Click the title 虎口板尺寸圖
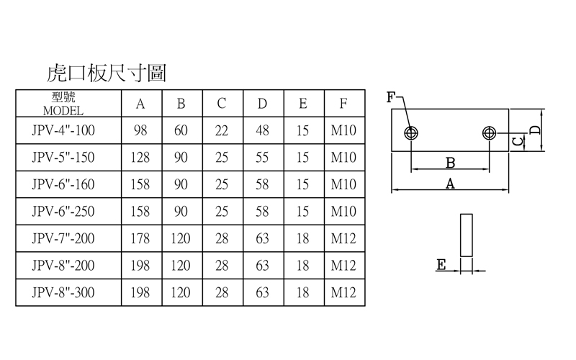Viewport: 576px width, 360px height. coord(107,73)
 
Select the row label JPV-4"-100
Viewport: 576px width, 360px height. coord(63,131)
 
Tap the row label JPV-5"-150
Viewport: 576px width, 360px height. coord(63,158)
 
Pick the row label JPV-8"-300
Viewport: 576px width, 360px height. coord(63,292)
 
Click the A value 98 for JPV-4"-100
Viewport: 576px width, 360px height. coord(140,131)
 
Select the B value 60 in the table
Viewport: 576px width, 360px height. coord(181,131)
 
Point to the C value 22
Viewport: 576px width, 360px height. coord(222,131)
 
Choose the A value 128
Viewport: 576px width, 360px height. coord(140,158)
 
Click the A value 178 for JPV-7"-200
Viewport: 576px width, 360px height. coord(140,238)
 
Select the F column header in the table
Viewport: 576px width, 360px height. coord(344,104)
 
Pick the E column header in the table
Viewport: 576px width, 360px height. coord(303,104)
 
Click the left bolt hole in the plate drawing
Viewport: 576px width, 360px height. coord(411,133)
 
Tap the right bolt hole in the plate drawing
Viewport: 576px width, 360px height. coord(490,133)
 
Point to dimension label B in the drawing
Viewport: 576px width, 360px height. coord(450,161)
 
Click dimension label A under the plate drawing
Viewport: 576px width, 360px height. coord(450,184)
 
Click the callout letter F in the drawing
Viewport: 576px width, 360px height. coord(390,97)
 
